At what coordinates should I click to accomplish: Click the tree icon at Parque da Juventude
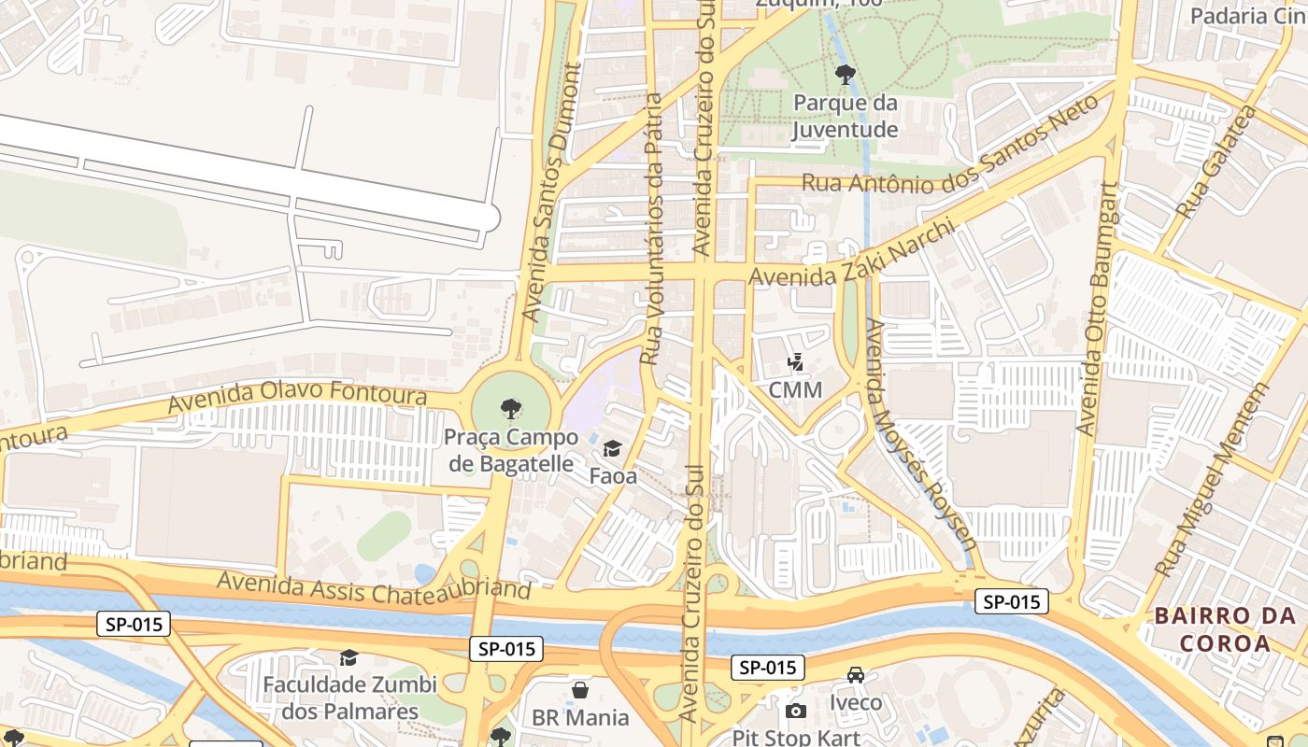(x=846, y=74)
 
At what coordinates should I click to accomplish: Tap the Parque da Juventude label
(x=846, y=116)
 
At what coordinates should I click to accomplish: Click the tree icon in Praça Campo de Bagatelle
(x=510, y=408)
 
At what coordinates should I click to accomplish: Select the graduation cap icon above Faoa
(x=612, y=449)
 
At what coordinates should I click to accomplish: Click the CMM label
(x=795, y=389)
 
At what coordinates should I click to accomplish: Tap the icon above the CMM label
(x=796, y=361)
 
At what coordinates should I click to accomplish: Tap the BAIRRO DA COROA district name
(x=1225, y=629)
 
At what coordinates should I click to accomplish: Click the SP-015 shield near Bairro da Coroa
(x=1012, y=601)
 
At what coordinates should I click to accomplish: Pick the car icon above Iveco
(x=855, y=675)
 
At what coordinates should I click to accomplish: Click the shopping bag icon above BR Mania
(x=580, y=690)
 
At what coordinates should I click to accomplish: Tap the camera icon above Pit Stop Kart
(x=795, y=712)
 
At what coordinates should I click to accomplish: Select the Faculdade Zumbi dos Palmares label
(x=349, y=698)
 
